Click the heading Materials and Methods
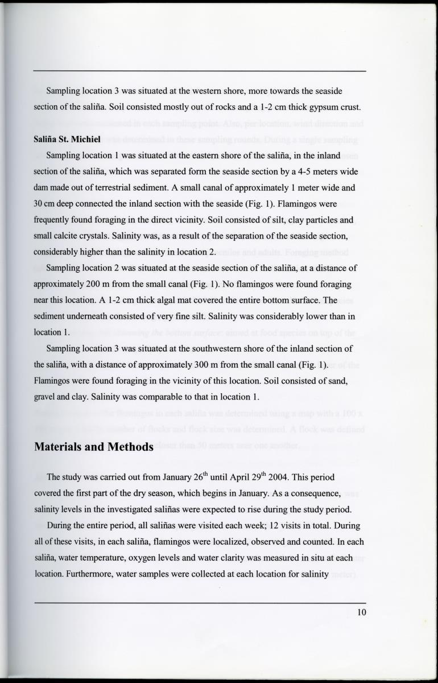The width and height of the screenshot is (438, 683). (x=94, y=447)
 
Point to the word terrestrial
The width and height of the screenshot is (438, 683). (x=141, y=188)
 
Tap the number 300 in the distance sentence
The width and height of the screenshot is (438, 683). (x=185, y=365)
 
